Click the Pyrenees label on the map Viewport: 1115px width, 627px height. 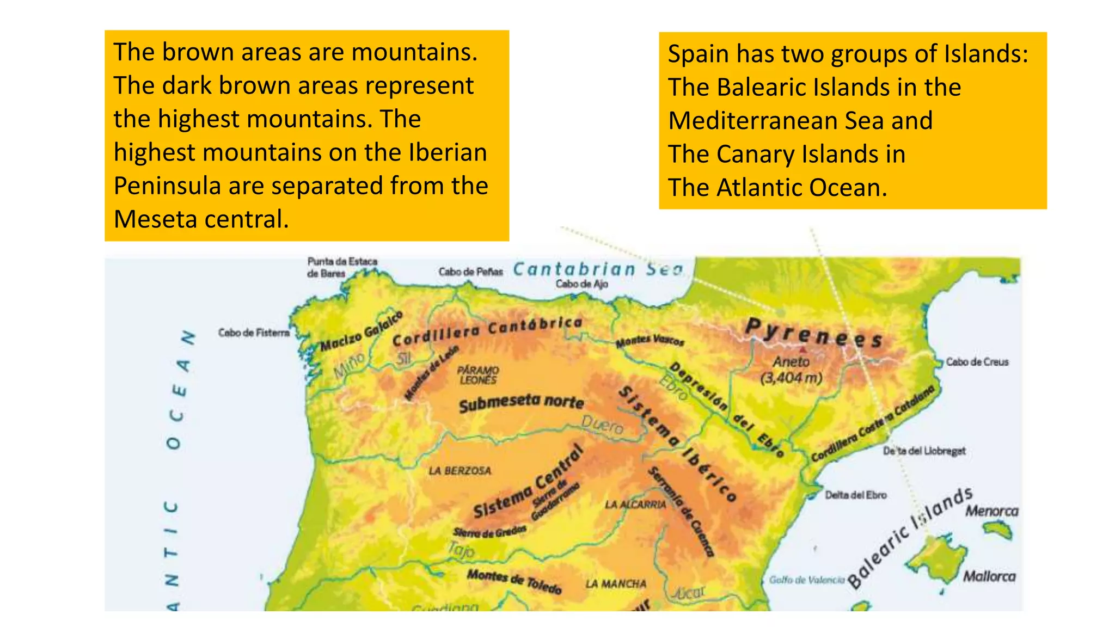point(813,333)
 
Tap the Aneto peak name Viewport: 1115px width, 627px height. point(791,361)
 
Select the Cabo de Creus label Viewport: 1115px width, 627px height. point(977,362)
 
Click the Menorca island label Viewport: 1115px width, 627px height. point(991,511)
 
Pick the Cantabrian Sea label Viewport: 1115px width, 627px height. point(597,269)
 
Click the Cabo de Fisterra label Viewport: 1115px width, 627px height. point(254,333)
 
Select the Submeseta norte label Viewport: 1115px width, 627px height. point(521,403)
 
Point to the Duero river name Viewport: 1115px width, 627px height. point(602,424)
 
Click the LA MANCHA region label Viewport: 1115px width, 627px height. point(616,584)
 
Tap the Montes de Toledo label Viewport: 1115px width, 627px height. point(514,581)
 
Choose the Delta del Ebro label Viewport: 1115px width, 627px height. point(855,495)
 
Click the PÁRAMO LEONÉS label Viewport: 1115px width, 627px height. point(478,375)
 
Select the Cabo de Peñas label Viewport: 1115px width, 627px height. point(470,272)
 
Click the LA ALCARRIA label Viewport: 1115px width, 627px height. point(635,505)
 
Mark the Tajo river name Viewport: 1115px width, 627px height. point(461,550)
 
